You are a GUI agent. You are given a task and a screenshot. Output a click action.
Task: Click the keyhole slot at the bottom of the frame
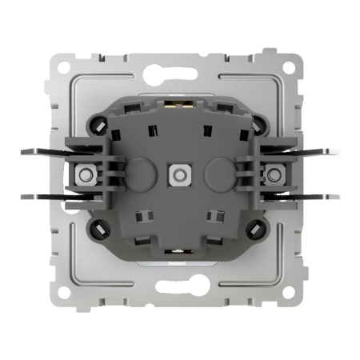click(x=179, y=286)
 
